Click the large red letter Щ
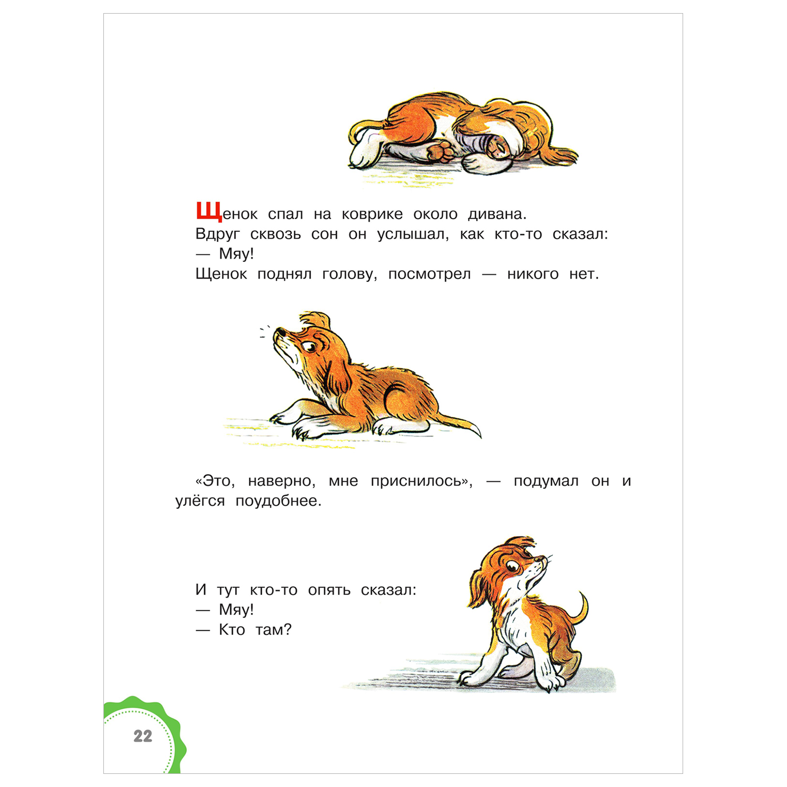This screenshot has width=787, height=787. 209,212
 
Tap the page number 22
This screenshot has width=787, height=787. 143,736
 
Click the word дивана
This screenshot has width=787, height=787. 497,215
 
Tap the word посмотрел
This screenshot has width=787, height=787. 429,274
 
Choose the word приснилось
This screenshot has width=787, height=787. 421,481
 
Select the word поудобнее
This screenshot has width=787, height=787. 278,501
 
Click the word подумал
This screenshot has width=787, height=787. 546,482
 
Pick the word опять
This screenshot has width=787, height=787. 329,590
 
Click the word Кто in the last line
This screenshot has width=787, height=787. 232,630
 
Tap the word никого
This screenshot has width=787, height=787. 533,274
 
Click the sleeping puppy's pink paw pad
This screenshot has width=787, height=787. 440,151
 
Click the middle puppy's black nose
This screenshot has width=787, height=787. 281,332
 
